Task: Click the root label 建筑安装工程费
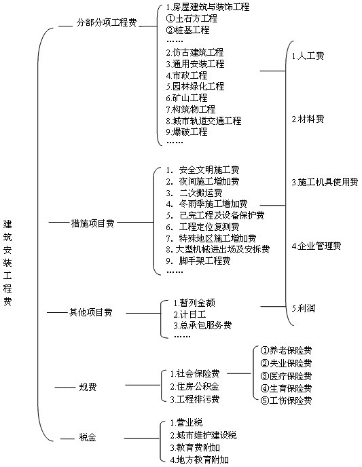7,263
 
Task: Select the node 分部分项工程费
107,22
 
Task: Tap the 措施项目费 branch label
92,223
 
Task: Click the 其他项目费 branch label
90,312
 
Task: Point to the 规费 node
88,387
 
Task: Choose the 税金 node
88,437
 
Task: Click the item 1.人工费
308,56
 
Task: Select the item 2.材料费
308,119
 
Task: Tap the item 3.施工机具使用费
325,182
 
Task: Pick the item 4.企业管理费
316,246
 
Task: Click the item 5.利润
304,308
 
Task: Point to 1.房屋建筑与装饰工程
208,7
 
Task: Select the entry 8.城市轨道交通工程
204,121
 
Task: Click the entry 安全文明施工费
209,170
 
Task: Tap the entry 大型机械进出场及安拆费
223,249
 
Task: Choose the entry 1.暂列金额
194,303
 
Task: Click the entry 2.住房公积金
194,386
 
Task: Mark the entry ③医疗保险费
286,376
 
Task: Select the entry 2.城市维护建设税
203,435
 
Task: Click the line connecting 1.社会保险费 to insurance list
239,373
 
